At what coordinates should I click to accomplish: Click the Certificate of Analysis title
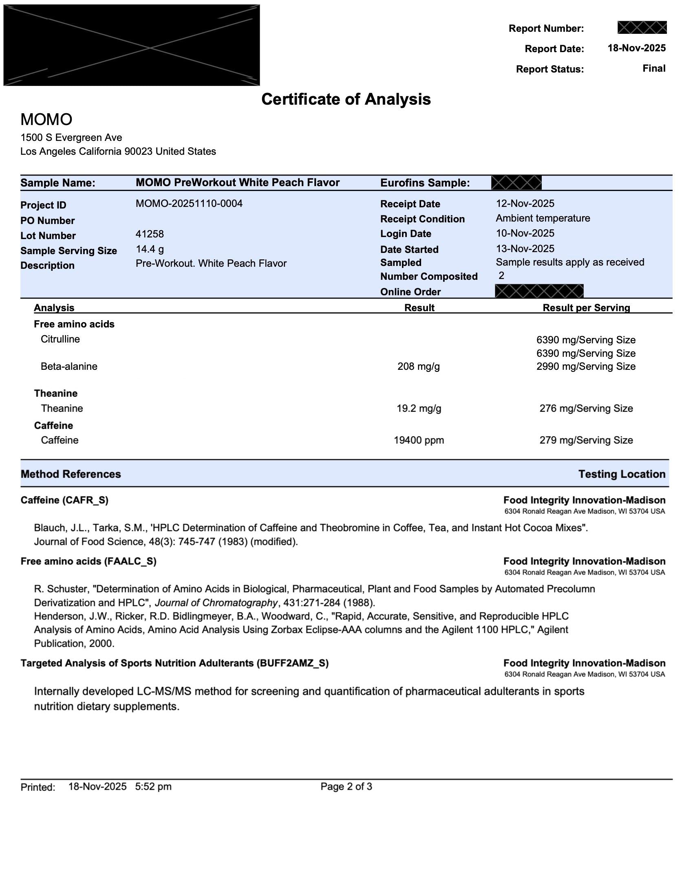(x=346, y=99)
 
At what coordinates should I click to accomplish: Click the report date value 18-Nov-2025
(x=636, y=48)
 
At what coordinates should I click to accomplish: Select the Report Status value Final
(x=654, y=68)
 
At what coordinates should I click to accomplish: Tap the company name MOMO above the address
(x=46, y=119)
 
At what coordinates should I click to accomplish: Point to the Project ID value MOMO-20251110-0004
(x=189, y=204)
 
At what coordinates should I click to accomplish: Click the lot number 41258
(x=150, y=234)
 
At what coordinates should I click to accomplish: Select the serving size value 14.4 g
(x=150, y=249)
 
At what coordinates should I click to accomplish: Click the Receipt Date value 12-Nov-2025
(x=525, y=204)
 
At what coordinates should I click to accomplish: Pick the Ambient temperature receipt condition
(x=543, y=218)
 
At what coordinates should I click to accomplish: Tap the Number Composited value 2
(x=501, y=275)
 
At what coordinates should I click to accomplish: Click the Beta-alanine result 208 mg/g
(x=418, y=367)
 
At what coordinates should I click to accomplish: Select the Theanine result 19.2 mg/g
(x=419, y=408)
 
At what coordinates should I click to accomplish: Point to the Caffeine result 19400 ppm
(x=419, y=440)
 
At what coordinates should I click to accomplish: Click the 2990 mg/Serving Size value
(x=586, y=367)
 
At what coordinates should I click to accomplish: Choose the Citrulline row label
(x=60, y=339)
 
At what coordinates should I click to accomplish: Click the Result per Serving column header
(x=586, y=307)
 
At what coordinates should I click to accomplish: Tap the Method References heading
(x=71, y=474)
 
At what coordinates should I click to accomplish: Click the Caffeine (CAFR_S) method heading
(x=64, y=500)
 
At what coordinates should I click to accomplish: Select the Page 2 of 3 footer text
(x=346, y=786)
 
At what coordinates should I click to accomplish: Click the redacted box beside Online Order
(x=539, y=291)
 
